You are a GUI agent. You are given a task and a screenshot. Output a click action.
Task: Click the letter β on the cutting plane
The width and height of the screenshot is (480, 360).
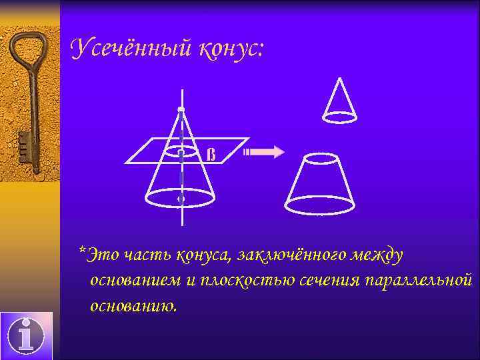pos(211,155)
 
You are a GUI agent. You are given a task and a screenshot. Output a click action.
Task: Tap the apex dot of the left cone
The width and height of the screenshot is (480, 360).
pos(181,109)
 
